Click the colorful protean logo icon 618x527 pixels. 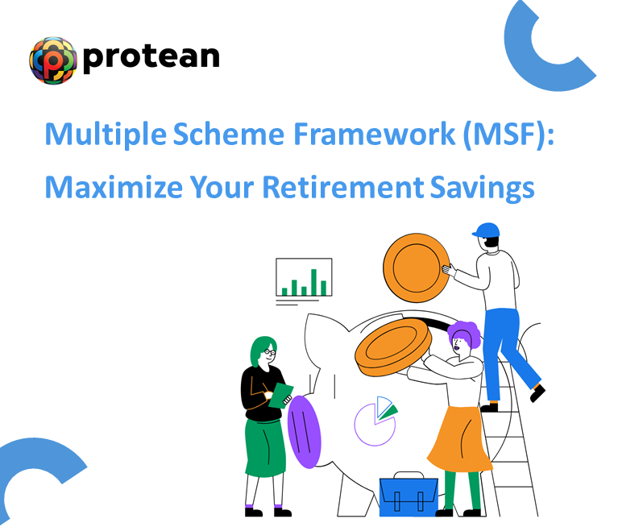click(52, 60)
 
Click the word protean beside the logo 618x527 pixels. click(151, 56)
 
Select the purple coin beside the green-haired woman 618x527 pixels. click(304, 431)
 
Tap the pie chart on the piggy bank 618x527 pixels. click(377, 420)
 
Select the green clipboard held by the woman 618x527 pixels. click(282, 395)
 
